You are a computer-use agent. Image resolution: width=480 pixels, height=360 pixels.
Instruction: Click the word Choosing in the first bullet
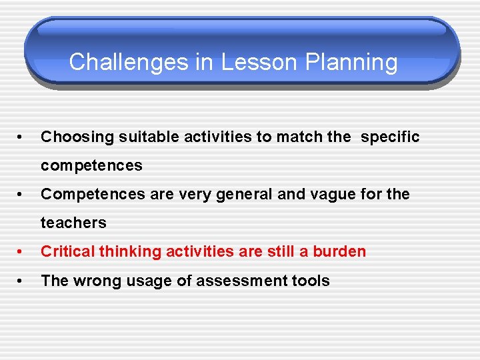(77, 137)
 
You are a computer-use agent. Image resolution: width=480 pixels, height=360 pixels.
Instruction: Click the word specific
(390, 137)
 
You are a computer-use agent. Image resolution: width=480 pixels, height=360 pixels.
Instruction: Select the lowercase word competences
(91, 166)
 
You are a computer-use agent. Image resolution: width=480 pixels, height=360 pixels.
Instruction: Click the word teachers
(73, 223)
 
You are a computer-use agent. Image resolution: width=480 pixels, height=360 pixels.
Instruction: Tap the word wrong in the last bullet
(93, 281)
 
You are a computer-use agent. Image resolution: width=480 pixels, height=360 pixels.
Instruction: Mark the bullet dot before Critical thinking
(23, 252)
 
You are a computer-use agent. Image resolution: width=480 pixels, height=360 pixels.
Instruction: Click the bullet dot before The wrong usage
(23, 281)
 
